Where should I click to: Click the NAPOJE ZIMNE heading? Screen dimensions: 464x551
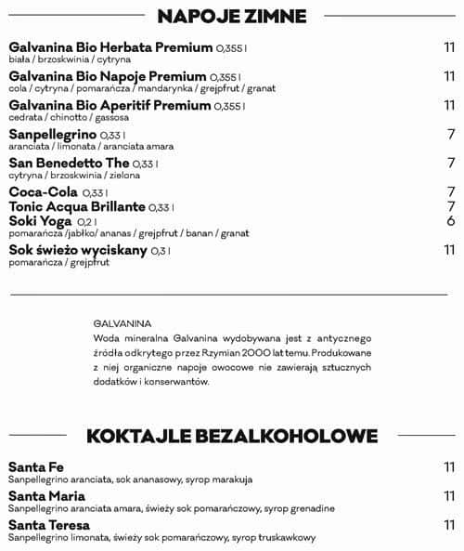click(x=232, y=15)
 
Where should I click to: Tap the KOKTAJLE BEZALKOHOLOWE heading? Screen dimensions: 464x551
click(x=232, y=436)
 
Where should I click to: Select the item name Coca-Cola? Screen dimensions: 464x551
click(x=42, y=191)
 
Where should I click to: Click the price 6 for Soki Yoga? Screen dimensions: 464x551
click(x=450, y=221)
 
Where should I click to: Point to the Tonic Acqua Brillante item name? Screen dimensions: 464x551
click(x=77, y=205)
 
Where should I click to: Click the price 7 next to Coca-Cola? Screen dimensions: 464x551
click(x=450, y=192)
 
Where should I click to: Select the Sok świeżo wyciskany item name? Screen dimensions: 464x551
click(x=77, y=250)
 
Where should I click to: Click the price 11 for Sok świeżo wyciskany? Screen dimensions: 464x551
click(x=449, y=250)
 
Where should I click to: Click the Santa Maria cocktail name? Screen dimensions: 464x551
click(x=43, y=496)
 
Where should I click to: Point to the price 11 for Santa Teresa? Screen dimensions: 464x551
click(x=449, y=525)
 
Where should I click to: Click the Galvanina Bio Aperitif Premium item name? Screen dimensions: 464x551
click(x=110, y=107)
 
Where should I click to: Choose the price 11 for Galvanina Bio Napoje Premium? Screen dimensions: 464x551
click(x=449, y=77)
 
